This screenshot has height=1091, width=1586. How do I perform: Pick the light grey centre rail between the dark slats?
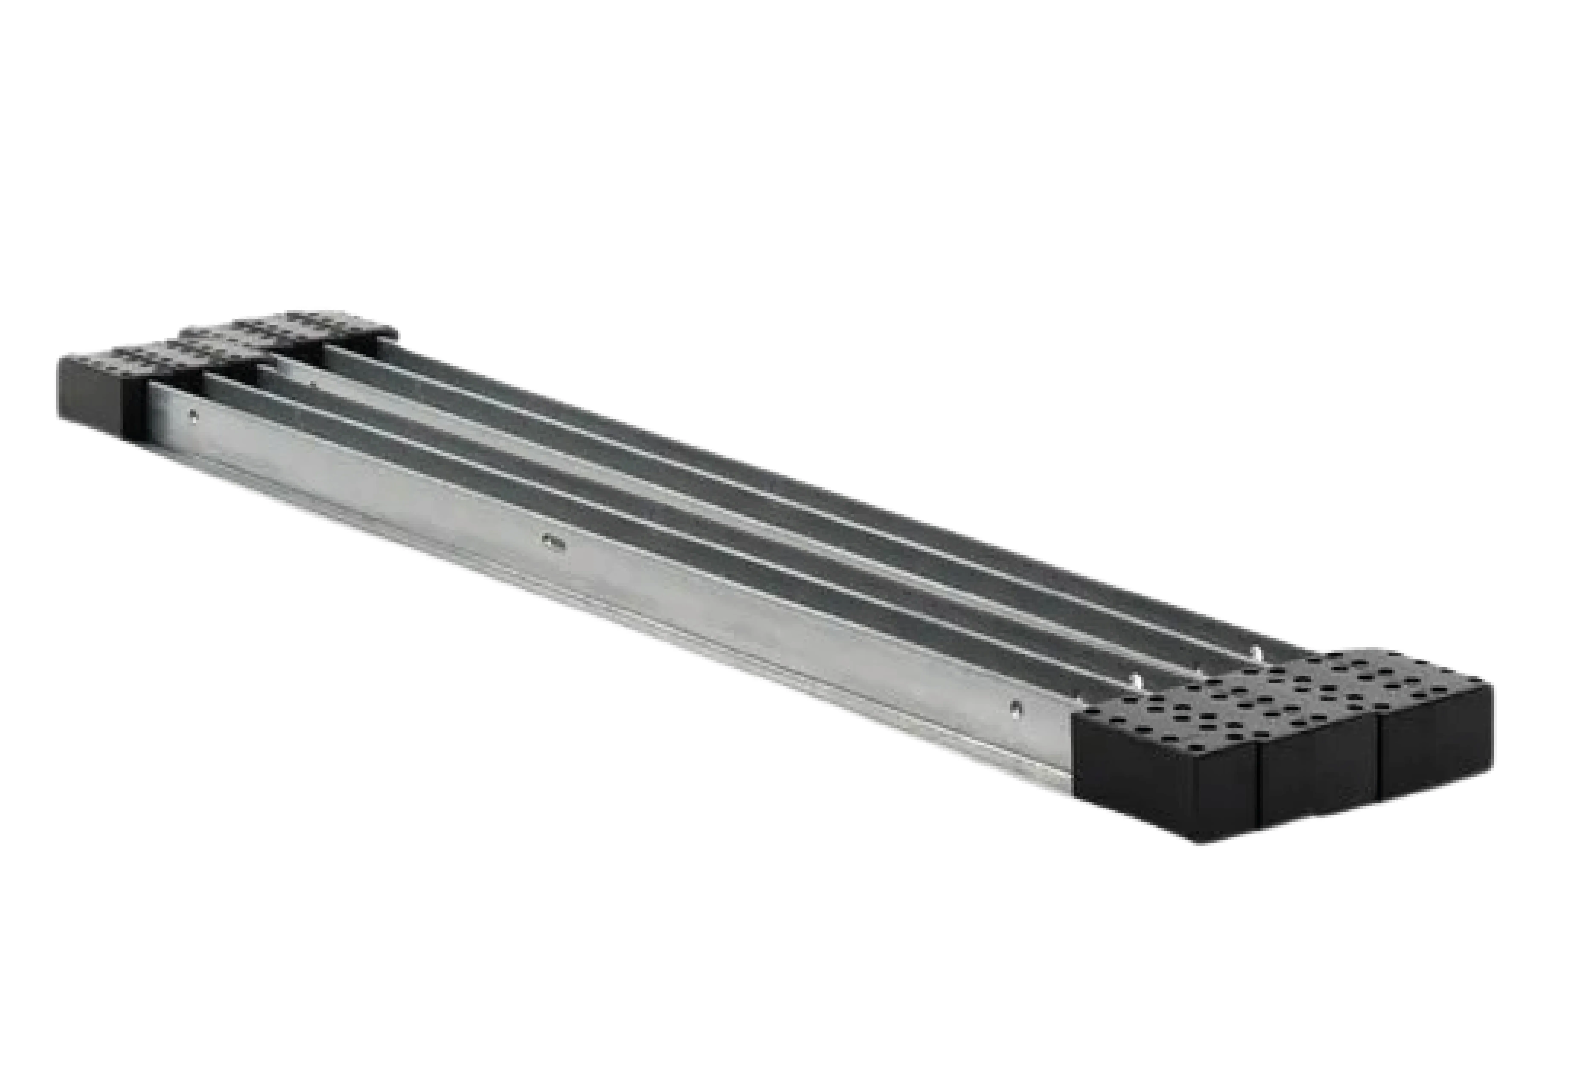pyautogui.click(x=684, y=526)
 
